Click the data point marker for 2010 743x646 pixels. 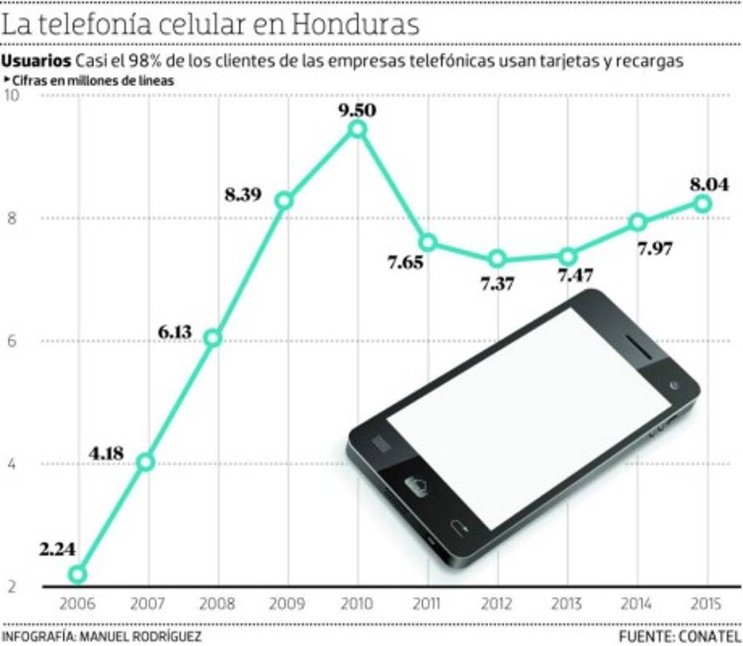point(357,128)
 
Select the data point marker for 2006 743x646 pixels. point(78,574)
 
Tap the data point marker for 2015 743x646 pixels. point(703,204)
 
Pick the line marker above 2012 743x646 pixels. point(497,259)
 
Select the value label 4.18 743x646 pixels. point(106,453)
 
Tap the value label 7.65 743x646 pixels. point(406,263)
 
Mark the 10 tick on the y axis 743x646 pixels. point(11,96)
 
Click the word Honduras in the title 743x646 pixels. point(355,24)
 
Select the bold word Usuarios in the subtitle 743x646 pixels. point(37,61)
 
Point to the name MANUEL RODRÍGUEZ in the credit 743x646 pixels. point(141,637)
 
